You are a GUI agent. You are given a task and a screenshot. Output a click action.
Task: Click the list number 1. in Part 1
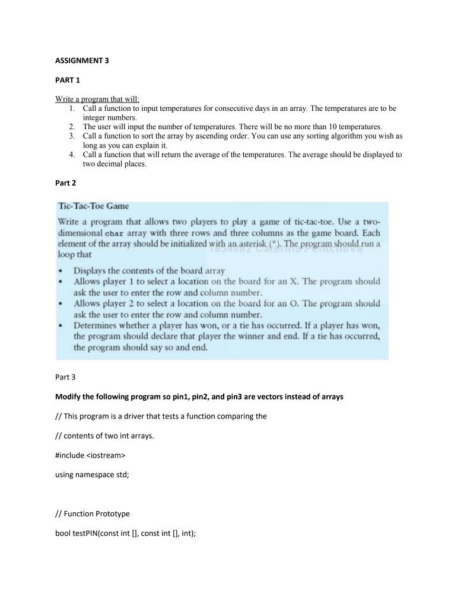(x=71, y=109)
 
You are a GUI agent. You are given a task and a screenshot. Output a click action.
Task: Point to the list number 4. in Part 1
(x=71, y=155)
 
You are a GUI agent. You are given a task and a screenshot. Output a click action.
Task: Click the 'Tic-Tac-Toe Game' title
(x=94, y=206)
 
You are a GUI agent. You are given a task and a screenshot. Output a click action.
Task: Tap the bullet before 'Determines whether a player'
(x=62, y=326)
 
